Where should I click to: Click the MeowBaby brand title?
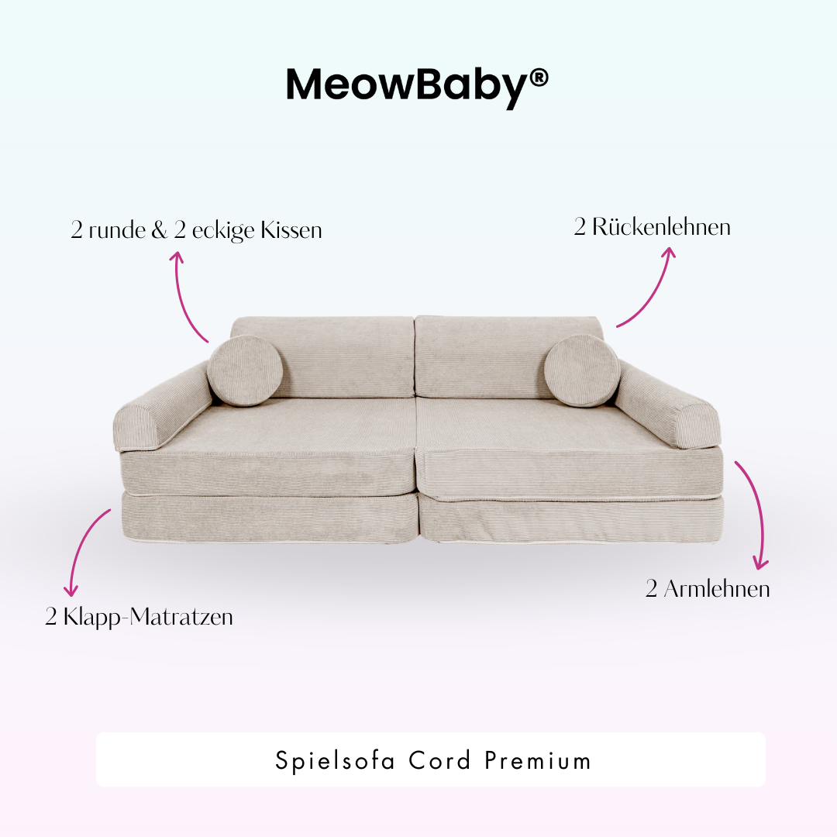point(407,85)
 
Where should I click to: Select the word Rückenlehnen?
point(661,228)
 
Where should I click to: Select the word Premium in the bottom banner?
point(538,760)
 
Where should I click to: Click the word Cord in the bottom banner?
point(440,760)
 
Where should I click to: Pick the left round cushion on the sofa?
point(245,370)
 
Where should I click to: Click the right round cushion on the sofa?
point(581,370)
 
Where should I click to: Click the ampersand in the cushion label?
point(160,230)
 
